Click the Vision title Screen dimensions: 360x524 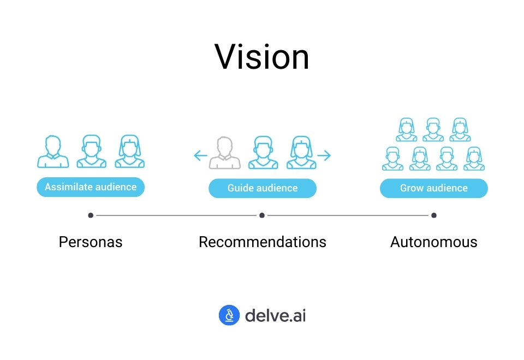[x=262, y=57]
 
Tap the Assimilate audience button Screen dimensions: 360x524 [x=91, y=187]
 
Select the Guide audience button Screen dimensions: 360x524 [x=263, y=188]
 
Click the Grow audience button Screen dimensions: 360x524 [x=434, y=188]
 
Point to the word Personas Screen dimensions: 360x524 [x=91, y=242]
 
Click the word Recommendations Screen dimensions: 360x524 [x=263, y=242]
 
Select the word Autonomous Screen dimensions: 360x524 [x=434, y=242]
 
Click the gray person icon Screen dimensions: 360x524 [x=225, y=153]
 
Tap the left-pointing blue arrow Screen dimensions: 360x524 [x=200, y=156]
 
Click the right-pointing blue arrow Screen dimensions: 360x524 [x=324, y=156]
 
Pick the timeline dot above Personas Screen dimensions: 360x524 [x=91, y=215]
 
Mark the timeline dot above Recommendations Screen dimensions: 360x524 [x=262, y=215]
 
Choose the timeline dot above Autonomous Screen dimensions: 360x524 [x=434, y=215]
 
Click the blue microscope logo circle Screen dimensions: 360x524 [x=229, y=315]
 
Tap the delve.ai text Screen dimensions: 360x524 [x=275, y=315]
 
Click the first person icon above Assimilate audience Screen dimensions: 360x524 [x=53, y=152]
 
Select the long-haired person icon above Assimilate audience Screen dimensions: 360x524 [x=130, y=152]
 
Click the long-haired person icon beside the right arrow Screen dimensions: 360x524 [x=301, y=153]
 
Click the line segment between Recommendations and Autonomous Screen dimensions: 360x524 [x=348, y=215]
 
